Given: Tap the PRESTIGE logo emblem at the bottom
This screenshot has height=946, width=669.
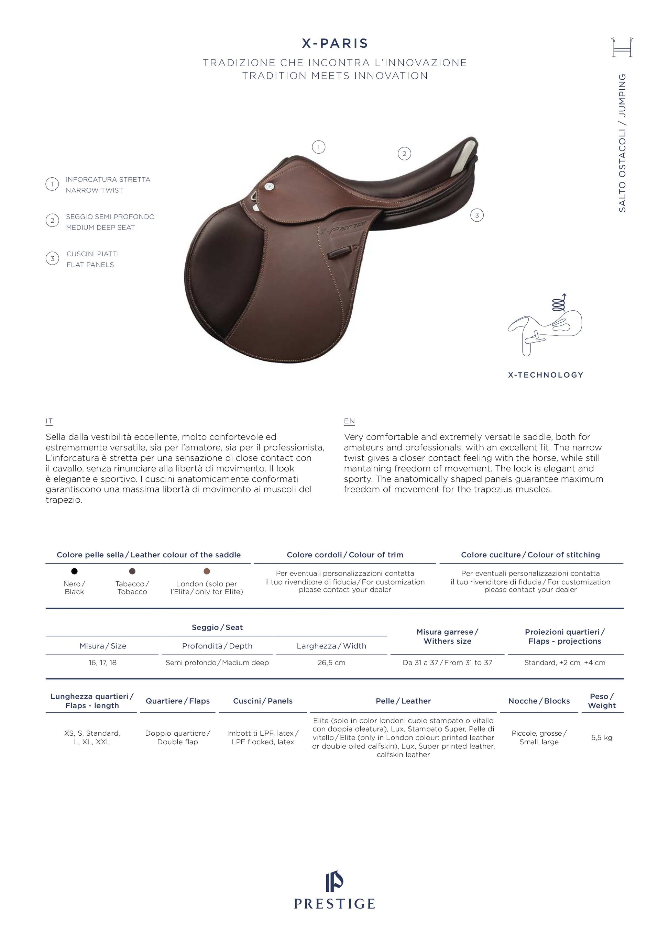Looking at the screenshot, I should (x=334, y=881).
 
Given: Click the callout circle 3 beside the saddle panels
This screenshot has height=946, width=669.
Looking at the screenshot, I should (x=477, y=215).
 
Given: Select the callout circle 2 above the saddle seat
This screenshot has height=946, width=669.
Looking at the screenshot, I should (x=404, y=154).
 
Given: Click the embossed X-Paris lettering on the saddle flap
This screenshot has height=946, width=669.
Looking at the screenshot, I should (x=342, y=226).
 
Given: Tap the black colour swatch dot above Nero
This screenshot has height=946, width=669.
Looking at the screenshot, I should (x=74, y=571).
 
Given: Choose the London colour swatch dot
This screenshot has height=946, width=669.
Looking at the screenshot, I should (x=207, y=571).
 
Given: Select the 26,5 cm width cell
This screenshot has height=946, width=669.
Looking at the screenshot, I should (x=331, y=663).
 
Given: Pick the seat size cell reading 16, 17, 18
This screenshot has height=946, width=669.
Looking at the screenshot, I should (x=103, y=663).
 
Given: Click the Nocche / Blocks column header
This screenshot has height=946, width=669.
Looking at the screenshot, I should (x=539, y=701).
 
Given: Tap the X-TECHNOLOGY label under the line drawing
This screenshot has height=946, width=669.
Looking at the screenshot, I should (x=545, y=375).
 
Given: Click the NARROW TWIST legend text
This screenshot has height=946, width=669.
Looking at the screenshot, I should (x=95, y=190).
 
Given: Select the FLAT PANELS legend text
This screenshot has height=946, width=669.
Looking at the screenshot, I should (x=90, y=265).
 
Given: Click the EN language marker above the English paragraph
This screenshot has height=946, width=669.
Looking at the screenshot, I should (x=349, y=421).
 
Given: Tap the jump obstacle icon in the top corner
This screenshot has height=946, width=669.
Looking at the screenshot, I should (x=622, y=47).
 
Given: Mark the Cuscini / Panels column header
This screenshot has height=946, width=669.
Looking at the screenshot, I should (x=263, y=701).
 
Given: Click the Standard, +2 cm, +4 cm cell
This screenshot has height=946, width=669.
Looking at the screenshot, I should (x=565, y=663).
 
